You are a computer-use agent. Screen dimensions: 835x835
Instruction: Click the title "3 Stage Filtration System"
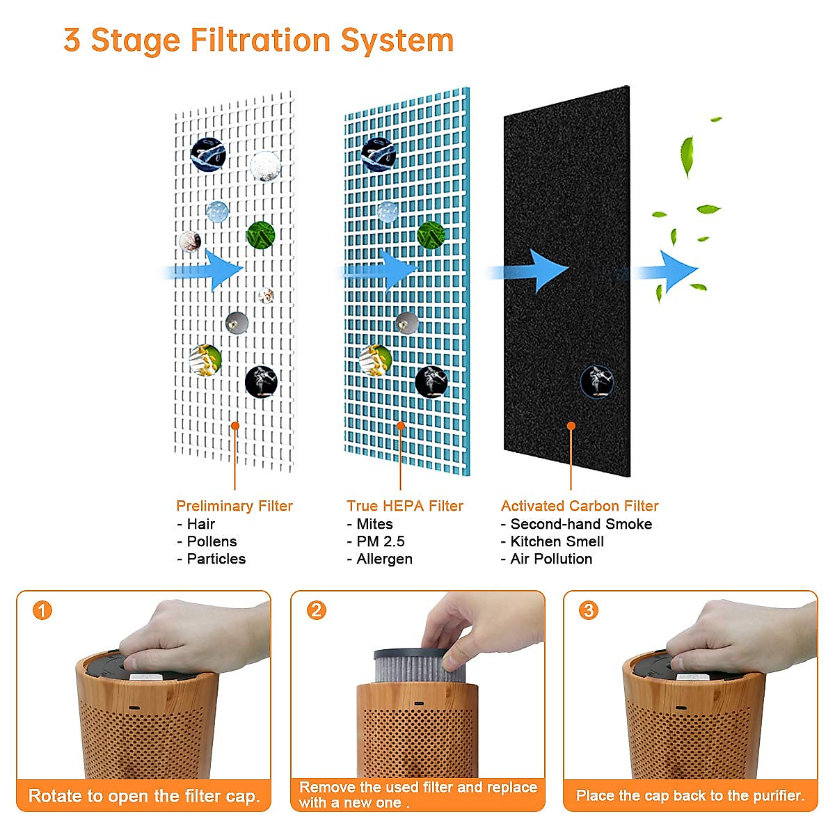click(x=258, y=40)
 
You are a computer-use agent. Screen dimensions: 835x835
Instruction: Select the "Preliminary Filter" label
click(x=234, y=506)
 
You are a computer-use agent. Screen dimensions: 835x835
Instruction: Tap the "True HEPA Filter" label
click(x=405, y=506)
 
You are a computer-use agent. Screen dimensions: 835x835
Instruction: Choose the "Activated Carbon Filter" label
click(x=580, y=506)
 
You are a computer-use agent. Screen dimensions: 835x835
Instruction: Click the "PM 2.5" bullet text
click(x=380, y=541)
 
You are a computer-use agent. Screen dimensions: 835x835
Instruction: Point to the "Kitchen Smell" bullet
click(x=557, y=541)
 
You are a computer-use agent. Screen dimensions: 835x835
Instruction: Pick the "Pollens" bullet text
click(x=212, y=541)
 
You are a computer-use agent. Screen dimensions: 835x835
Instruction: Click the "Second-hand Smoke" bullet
click(x=581, y=524)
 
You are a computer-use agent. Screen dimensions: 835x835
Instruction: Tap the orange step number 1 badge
click(x=42, y=611)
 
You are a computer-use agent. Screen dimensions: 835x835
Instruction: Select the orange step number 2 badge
click(x=317, y=611)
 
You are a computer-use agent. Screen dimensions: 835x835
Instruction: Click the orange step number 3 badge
click(x=589, y=611)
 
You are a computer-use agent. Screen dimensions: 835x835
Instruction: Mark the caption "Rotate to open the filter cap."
click(x=144, y=796)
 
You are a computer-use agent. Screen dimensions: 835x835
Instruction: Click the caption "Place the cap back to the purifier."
click(x=690, y=795)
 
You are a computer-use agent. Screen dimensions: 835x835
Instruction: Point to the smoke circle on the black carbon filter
click(x=597, y=382)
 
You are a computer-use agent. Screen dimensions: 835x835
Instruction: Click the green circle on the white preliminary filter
click(x=260, y=235)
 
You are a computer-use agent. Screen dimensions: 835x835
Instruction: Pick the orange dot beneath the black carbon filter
click(x=571, y=426)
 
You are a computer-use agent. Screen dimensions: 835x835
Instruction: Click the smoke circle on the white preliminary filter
click(x=261, y=382)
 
